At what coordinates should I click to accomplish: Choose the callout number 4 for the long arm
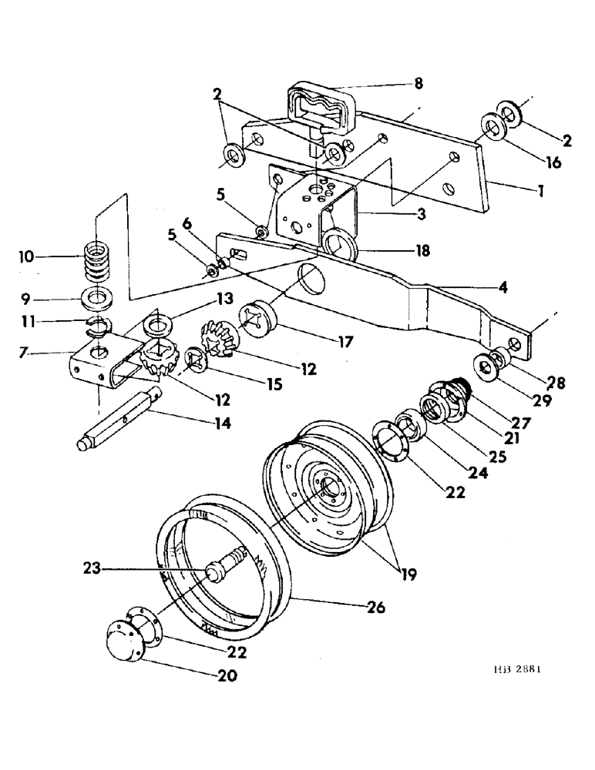click(x=503, y=289)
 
